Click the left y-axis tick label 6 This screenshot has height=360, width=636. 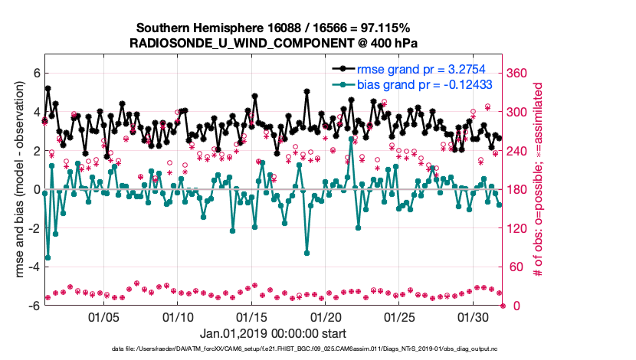coord(35,73)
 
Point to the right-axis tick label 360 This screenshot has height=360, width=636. coord(518,73)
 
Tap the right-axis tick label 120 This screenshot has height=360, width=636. coord(518,228)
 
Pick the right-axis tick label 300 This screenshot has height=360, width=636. coord(518,112)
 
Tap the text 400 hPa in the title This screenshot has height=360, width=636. coord(389,41)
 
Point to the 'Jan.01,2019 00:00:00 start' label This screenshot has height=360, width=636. coord(272,334)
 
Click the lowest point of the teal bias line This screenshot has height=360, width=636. coord(48,257)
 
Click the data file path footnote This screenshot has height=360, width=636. coord(316,349)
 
